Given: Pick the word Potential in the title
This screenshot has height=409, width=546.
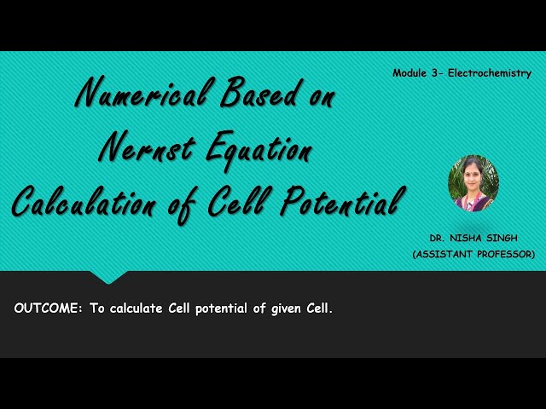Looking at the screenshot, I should pos(341,202).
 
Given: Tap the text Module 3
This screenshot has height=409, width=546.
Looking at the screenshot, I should pos(413,73).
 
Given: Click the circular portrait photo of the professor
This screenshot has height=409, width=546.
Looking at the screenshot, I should pos(473,182).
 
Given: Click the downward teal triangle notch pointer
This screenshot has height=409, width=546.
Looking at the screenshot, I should pos(109,277).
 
